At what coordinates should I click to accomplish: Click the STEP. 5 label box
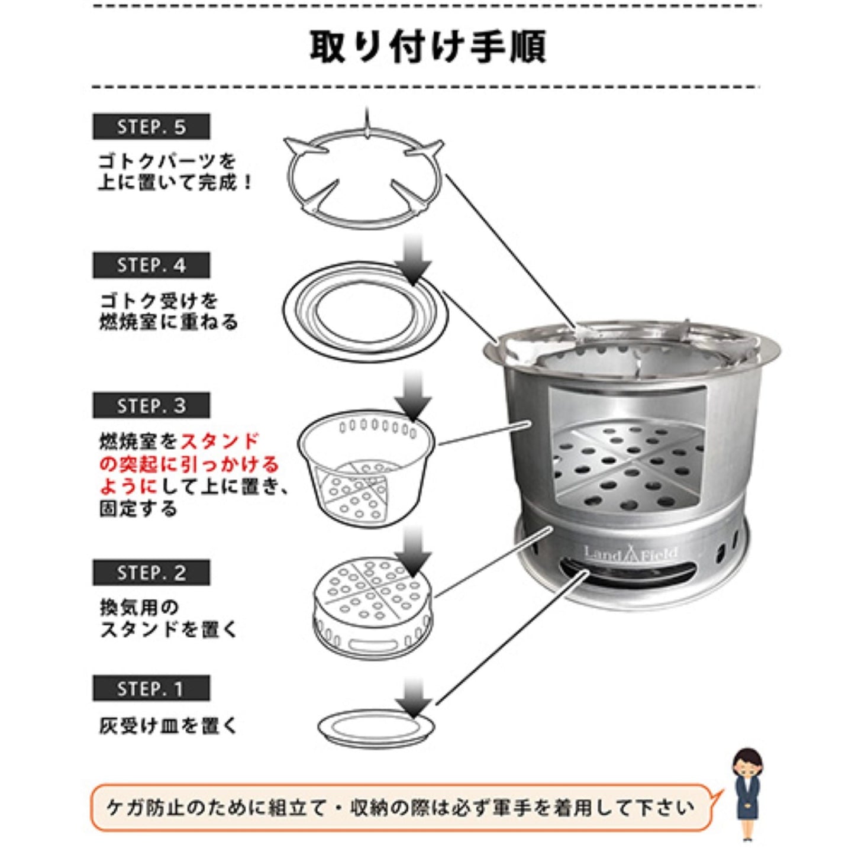tap(151, 127)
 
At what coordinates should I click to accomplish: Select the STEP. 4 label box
tap(151, 265)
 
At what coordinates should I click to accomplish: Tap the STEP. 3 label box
tap(151, 405)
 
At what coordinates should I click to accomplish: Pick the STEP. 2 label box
tap(151, 573)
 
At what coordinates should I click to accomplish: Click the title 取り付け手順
tap(427, 47)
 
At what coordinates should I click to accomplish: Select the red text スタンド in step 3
tap(219, 441)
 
